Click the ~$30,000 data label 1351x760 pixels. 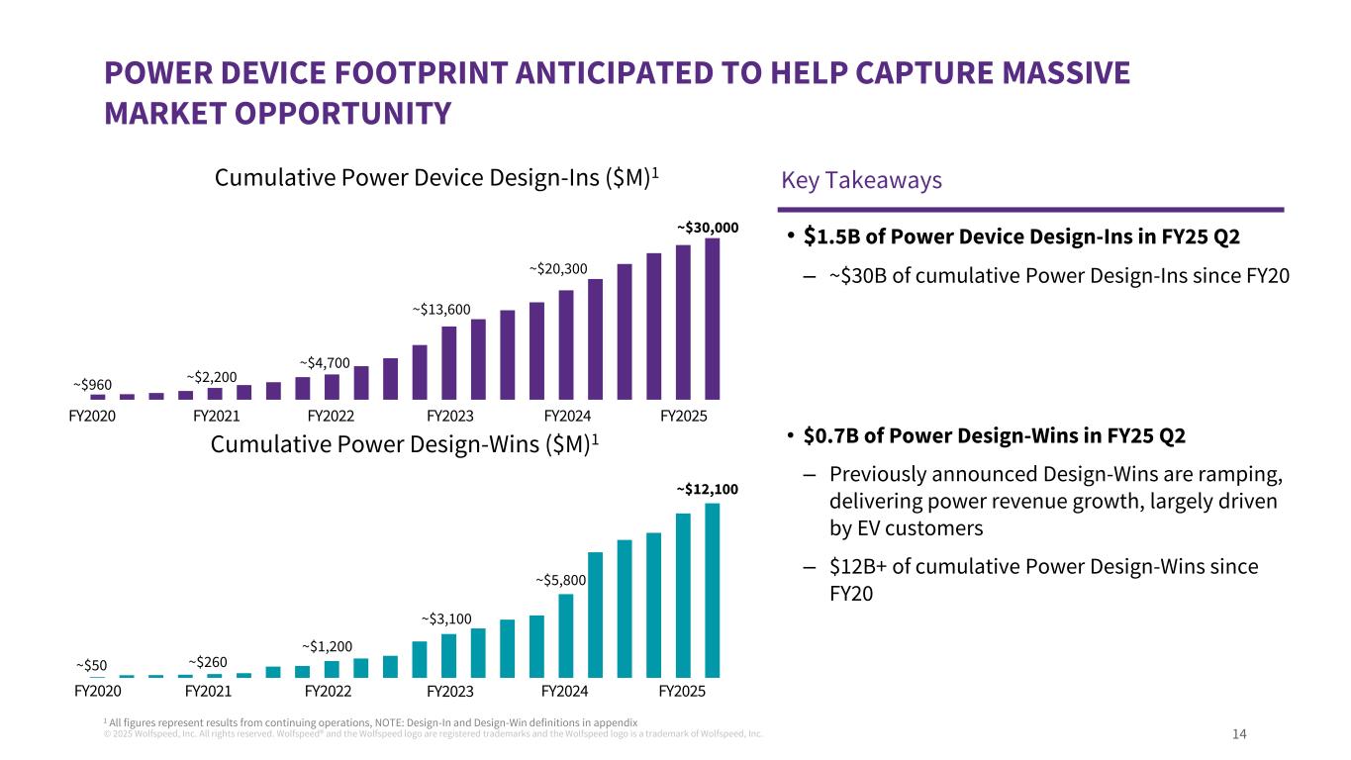(x=708, y=228)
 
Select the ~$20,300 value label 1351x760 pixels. (x=558, y=268)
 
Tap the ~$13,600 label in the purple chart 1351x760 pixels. (x=441, y=310)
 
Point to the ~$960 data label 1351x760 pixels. (x=92, y=384)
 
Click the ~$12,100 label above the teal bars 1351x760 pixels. (x=708, y=489)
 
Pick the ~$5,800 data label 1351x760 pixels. (x=561, y=580)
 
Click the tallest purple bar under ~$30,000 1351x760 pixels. (x=712, y=318)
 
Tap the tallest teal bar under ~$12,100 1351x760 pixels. (x=712, y=590)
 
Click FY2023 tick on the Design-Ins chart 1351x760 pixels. (x=450, y=416)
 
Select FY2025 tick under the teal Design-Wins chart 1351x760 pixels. (x=682, y=691)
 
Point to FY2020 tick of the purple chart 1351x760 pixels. (x=92, y=416)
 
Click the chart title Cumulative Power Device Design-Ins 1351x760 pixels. (x=436, y=178)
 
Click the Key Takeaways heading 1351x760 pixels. (x=861, y=180)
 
